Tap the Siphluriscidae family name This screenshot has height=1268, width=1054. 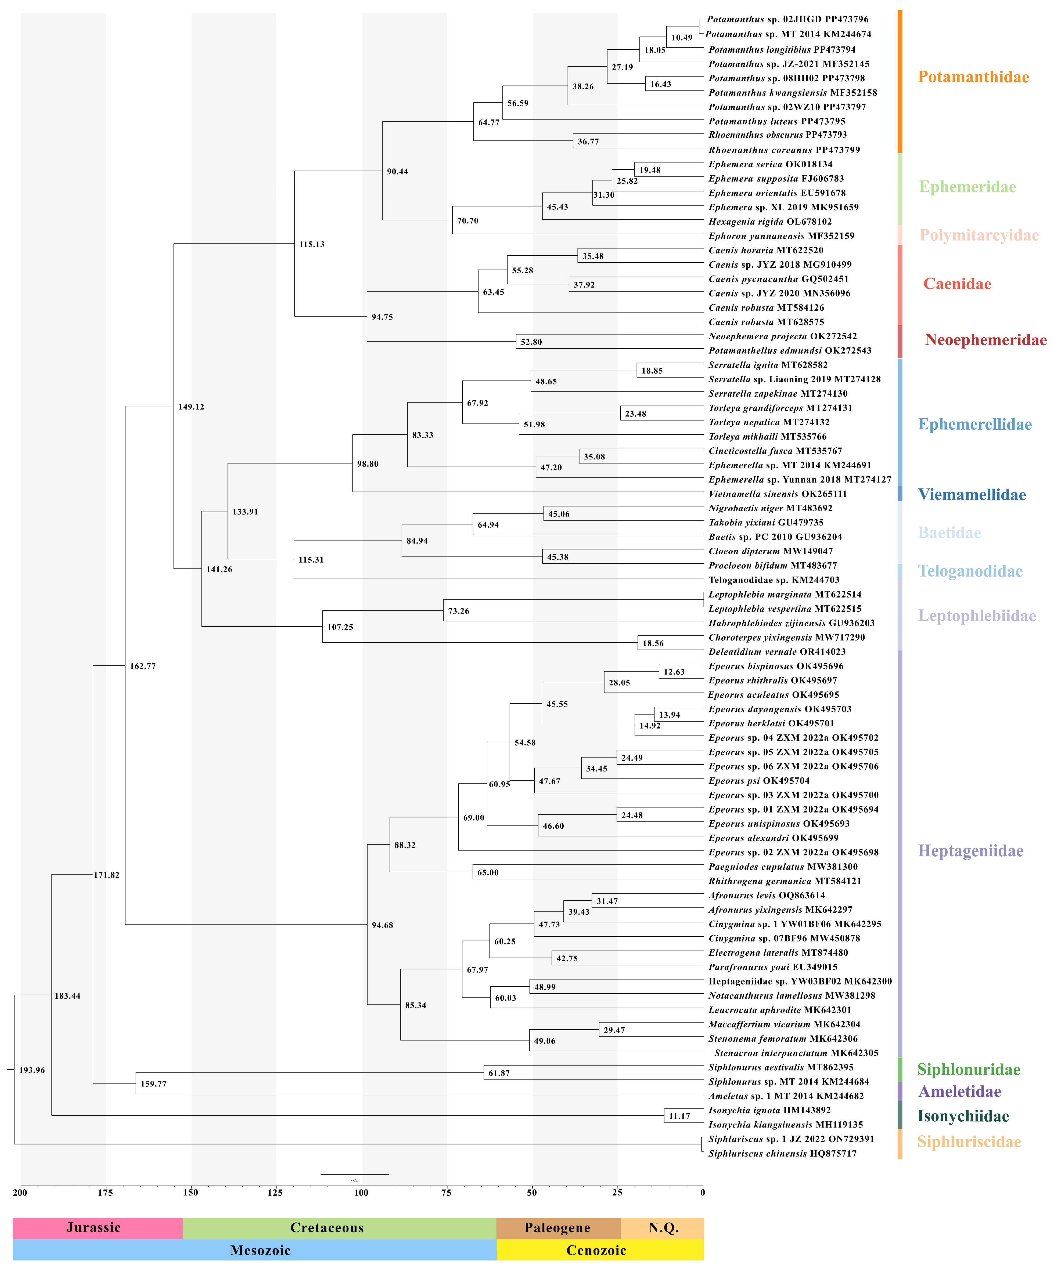point(969,1142)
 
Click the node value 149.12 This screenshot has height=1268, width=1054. point(191,407)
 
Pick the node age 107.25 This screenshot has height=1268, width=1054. point(340,627)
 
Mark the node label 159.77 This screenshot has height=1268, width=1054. point(153,1084)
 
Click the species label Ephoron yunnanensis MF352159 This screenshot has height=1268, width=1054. point(781,236)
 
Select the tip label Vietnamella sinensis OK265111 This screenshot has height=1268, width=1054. point(777,494)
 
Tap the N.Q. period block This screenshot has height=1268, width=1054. point(663,1227)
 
